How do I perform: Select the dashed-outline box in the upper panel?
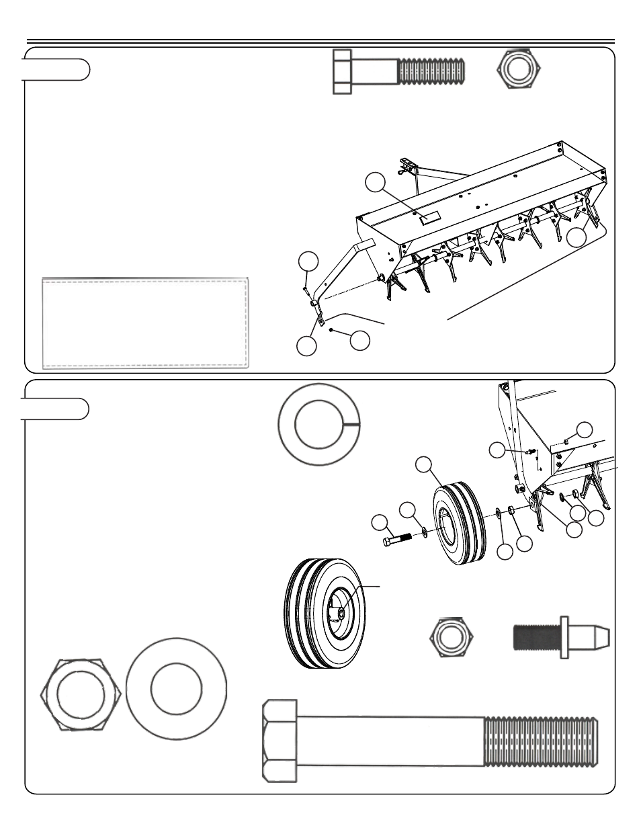click(x=146, y=322)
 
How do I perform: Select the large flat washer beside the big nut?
click(x=176, y=690)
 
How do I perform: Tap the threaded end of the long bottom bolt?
click(x=540, y=741)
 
